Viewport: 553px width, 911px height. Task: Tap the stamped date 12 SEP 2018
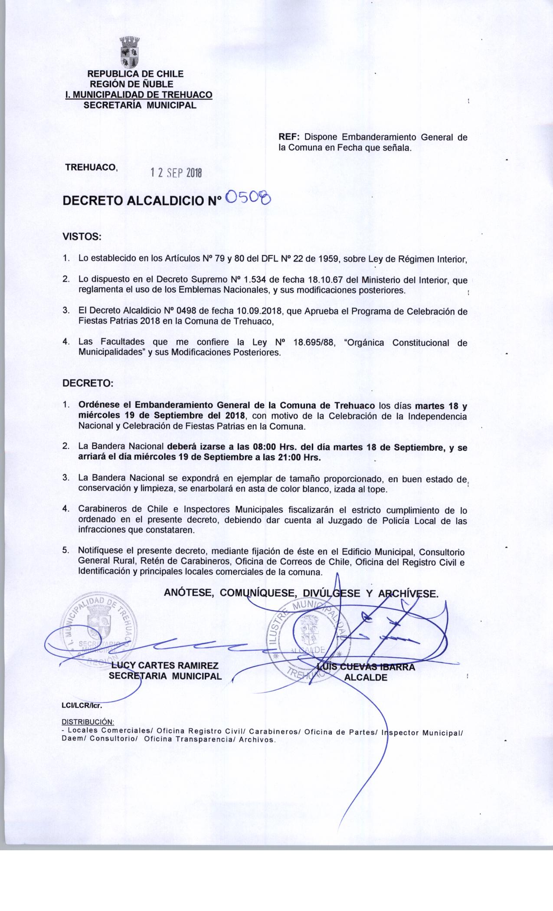[176, 173]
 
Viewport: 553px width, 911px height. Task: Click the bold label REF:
[289, 138]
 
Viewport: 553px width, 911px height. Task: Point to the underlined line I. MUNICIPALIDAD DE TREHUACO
[138, 95]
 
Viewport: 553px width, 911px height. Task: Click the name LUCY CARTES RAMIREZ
[164, 666]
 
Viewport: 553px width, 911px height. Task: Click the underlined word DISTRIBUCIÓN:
[88, 722]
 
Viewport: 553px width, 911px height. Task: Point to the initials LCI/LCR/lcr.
[82, 705]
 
